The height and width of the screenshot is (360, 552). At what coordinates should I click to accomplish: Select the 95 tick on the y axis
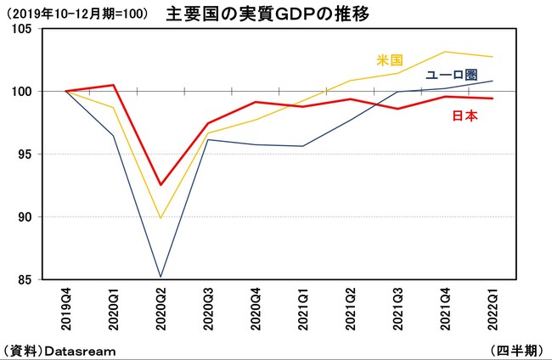24,154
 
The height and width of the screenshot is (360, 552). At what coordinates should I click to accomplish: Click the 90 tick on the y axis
24,217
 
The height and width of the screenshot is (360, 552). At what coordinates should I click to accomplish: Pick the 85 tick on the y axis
24,279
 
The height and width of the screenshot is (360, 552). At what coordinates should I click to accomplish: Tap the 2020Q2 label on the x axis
161,308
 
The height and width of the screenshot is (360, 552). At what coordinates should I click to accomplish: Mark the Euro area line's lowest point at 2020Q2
161,277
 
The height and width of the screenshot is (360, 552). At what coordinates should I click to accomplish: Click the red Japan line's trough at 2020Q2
161,185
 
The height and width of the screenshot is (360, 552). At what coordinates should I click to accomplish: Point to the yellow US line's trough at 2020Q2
161,218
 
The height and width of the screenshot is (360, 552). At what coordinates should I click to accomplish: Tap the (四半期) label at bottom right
518,350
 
